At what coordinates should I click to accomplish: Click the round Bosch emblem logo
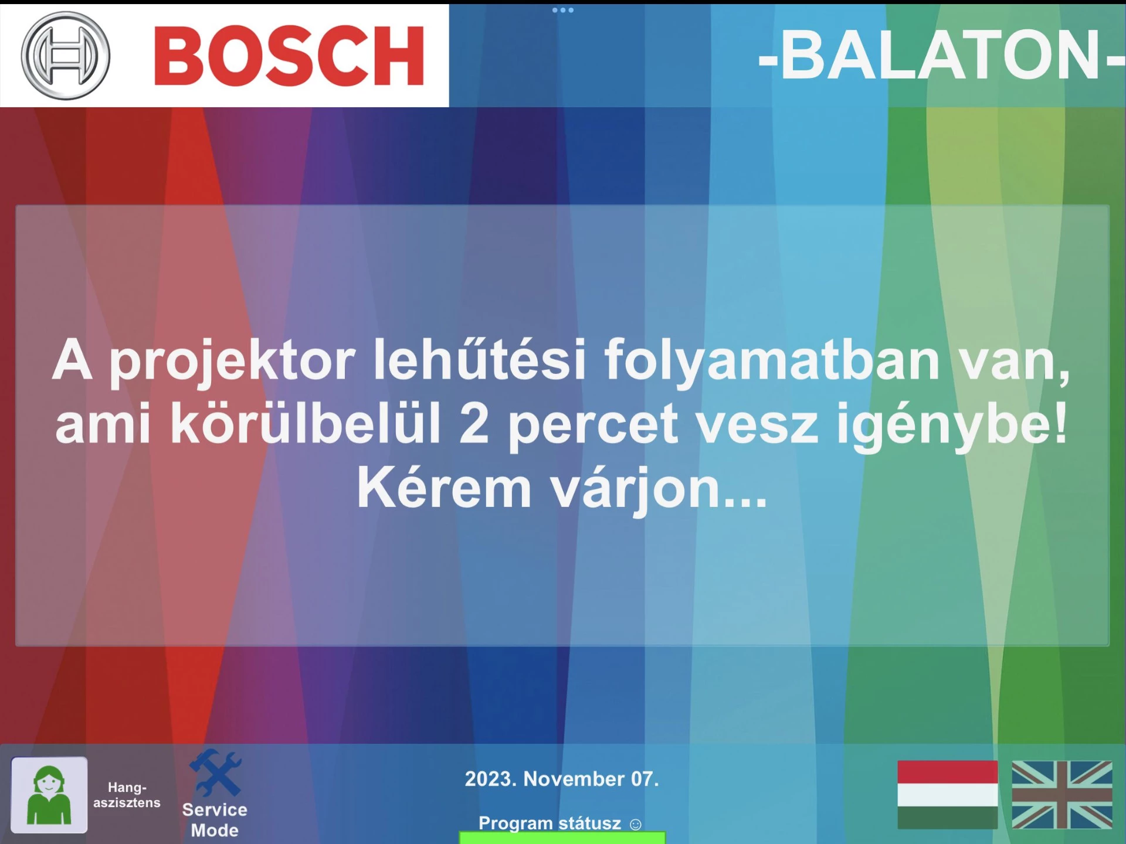pyautogui.click(x=65, y=56)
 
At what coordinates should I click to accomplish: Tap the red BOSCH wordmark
pyautogui.click(x=289, y=56)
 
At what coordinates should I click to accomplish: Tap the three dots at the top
pyautogui.click(x=563, y=10)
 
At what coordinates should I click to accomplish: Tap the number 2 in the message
pyautogui.click(x=473, y=423)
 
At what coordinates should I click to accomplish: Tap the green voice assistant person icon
pyautogui.click(x=49, y=795)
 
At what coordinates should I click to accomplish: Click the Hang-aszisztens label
pyautogui.click(x=127, y=795)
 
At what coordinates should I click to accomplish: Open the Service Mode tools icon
pyautogui.click(x=215, y=772)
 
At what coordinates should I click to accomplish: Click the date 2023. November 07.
pyautogui.click(x=562, y=779)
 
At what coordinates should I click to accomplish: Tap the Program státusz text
pyautogui.click(x=550, y=823)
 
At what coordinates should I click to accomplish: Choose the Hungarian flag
pyautogui.click(x=947, y=795)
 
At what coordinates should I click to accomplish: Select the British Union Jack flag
pyautogui.click(x=1062, y=795)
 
